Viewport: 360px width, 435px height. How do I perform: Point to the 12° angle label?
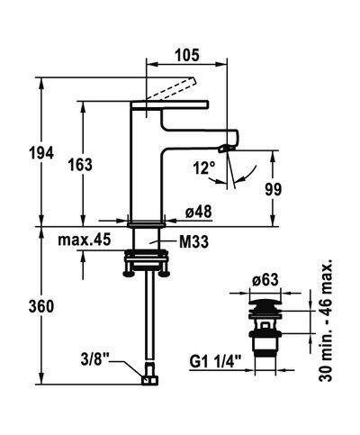pos(204,168)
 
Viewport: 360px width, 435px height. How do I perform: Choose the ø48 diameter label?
pos(199,211)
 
